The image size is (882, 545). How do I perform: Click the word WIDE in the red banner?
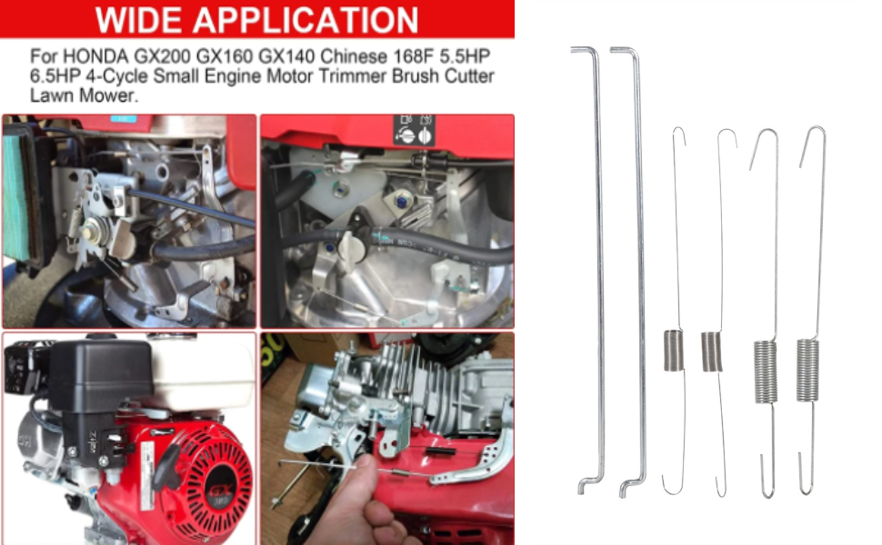[x=139, y=20]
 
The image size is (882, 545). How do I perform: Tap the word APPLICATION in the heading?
[x=306, y=20]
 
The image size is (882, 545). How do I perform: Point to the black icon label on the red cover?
[x=415, y=130]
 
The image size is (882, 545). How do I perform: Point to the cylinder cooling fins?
[x=405, y=382]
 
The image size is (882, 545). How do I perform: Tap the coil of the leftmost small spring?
[x=673, y=351]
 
